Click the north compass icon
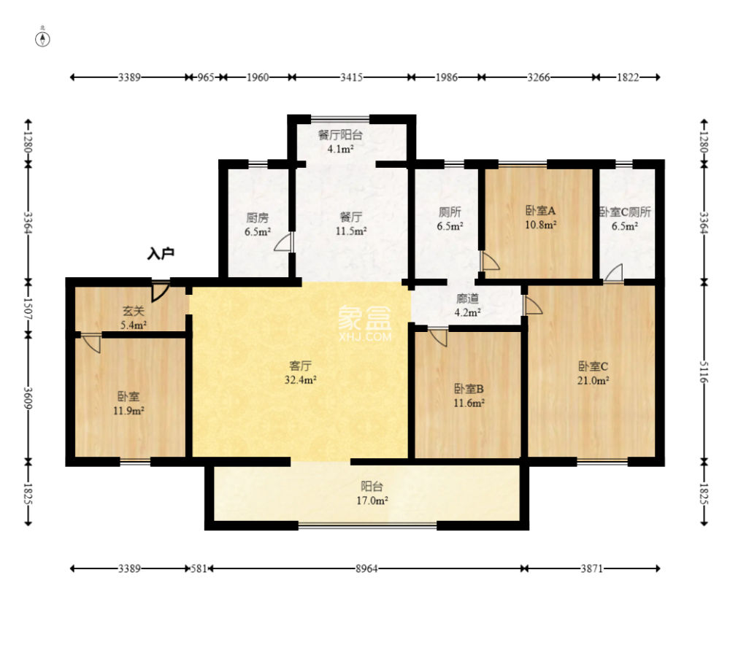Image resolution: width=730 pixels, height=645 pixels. tap(42, 39)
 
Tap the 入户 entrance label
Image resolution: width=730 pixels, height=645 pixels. tap(161, 254)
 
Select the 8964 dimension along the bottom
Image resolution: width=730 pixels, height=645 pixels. tap(366, 568)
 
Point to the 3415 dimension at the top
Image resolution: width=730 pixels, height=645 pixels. tap(352, 77)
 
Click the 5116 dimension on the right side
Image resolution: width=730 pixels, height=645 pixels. tap(704, 372)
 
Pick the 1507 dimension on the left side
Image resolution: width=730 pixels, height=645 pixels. tap(28, 309)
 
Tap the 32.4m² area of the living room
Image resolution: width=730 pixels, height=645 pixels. tap(301, 379)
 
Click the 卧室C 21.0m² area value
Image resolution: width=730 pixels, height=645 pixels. tap(593, 381)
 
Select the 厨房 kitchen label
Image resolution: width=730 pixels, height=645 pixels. tap(258, 217)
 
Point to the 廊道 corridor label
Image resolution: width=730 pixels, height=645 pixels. tap(467, 298)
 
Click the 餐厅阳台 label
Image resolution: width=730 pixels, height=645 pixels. tap(340, 135)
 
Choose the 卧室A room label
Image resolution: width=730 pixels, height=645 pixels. tap(540, 211)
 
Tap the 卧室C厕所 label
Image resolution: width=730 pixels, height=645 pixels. tap(625, 212)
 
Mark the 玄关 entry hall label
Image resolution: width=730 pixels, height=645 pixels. tap(134, 311)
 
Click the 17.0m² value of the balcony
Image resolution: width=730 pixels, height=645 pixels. tap(372, 501)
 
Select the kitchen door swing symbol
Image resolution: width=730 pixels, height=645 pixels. tap(283, 242)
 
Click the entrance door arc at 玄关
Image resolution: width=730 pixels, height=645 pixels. tap(160, 291)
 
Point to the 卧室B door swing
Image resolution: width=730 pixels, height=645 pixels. tap(438, 338)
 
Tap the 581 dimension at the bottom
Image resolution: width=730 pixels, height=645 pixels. tap(199, 568)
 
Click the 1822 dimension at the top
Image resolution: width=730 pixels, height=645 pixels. tap(628, 77)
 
